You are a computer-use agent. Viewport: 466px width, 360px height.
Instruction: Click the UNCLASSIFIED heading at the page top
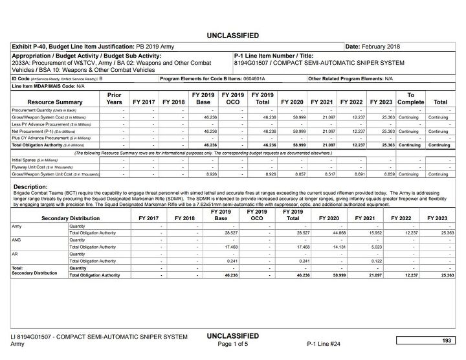(232, 35)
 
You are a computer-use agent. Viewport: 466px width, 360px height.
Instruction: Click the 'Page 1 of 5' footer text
(232, 344)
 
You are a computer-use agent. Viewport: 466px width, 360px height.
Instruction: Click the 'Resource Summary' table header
(55, 102)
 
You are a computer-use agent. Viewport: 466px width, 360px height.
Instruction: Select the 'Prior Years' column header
(114, 98)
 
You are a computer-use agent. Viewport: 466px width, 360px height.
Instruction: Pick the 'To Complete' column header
(410, 98)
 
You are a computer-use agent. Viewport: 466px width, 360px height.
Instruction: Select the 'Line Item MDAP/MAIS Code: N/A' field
(49, 85)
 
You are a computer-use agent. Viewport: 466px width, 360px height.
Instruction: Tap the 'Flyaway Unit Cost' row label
(36, 166)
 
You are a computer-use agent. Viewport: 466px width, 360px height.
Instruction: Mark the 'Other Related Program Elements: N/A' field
(351, 78)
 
